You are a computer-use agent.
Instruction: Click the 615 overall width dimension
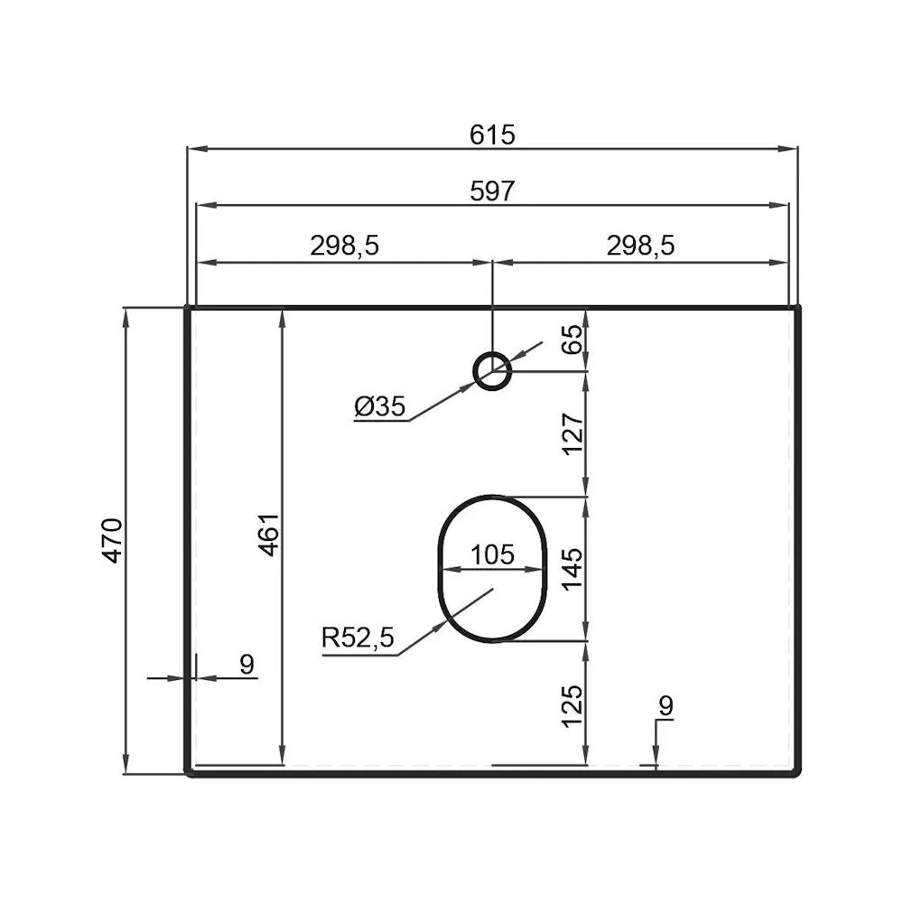[492, 135]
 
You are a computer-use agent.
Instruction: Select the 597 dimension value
[492, 191]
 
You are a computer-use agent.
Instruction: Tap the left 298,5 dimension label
[345, 246]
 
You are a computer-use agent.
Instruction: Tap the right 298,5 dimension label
[642, 246]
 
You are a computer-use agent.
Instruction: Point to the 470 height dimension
[112, 540]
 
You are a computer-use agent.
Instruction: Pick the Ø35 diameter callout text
[379, 407]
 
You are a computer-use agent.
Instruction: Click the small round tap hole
[492, 370]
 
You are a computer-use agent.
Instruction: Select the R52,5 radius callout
[358, 639]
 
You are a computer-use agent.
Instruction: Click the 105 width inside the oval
[492, 554]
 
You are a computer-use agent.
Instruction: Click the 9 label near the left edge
[247, 665]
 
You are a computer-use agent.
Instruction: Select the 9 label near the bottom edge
[666, 705]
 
